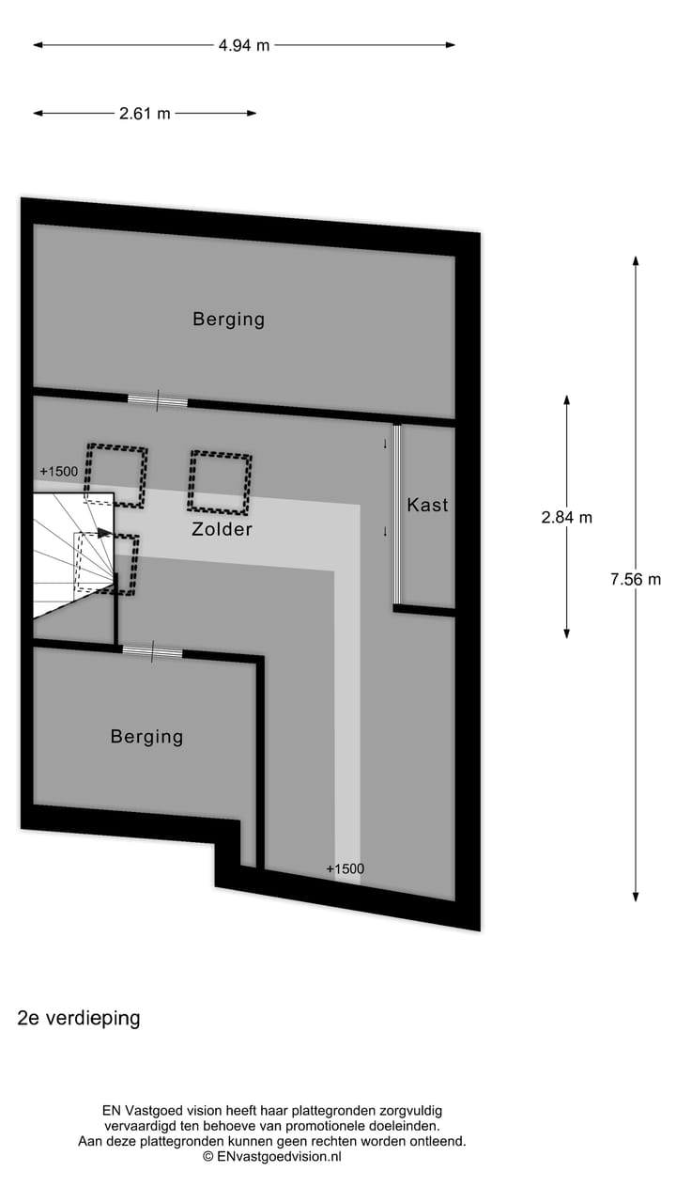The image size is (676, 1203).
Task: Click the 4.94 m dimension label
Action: [x=243, y=45]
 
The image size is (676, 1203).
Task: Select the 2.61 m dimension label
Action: [x=145, y=114]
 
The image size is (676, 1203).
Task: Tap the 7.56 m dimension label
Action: [x=636, y=579]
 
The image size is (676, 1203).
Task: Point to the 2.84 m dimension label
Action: [x=567, y=517]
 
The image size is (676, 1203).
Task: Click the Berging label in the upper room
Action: [x=229, y=319]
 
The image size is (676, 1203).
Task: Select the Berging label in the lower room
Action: [x=146, y=736]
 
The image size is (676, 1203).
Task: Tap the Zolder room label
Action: [x=222, y=529]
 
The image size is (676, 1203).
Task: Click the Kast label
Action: [x=427, y=505]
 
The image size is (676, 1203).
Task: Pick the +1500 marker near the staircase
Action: [x=59, y=471]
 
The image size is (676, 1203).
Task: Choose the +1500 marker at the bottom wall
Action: [x=345, y=868]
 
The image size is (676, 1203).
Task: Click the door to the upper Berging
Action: [x=158, y=400]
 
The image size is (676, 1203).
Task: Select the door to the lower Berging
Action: [x=152, y=651]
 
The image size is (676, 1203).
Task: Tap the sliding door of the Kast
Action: [x=397, y=514]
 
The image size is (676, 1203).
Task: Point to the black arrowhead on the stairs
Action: [x=104, y=533]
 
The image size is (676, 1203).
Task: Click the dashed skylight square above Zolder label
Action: [x=221, y=482]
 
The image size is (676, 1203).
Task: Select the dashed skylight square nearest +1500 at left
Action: [x=116, y=476]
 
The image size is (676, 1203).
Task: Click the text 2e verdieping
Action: [x=79, y=1018]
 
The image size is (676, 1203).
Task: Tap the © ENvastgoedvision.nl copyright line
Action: [x=271, y=1157]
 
